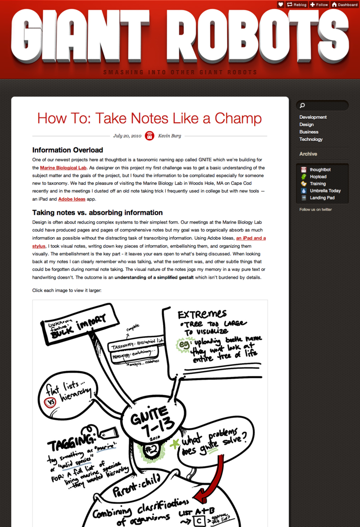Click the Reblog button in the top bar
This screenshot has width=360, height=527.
(x=297, y=5)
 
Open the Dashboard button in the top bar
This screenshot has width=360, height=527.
(x=345, y=5)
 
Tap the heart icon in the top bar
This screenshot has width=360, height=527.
(x=281, y=5)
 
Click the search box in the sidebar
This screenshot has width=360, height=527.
(x=322, y=105)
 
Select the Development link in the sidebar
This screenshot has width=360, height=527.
(x=313, y=117)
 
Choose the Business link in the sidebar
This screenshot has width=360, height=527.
(x=309, y=132)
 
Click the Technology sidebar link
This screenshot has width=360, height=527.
(x=311, y=140)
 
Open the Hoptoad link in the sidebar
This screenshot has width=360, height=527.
(x=318, y=177)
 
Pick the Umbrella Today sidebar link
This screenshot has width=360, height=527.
(x=325, y=191)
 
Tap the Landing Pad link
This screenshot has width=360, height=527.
(x=322, y=198)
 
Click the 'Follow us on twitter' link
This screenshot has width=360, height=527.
(x=316, y=210)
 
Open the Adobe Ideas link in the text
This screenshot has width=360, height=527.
(x=72, y=199)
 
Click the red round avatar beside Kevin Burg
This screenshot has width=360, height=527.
(x=150, y=136)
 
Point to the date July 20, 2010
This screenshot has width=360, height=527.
(x=127, y=136)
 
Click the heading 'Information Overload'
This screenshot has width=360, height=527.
(x=68, y=150)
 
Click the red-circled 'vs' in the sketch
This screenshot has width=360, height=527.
(x=50, y=403)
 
